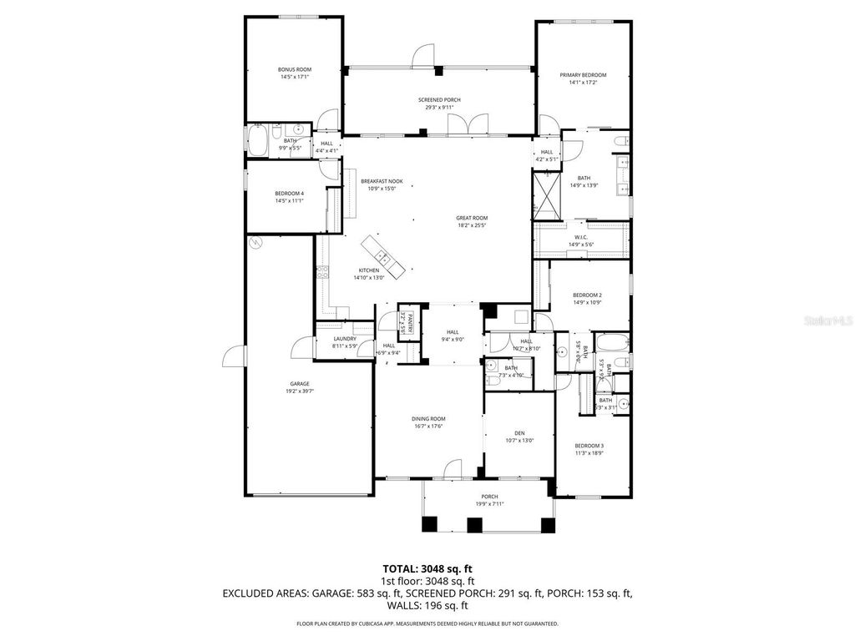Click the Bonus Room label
[294, 69]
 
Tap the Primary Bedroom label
[583, 75]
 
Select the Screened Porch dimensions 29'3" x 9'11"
[439, 108]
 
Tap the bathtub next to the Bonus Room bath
[257, 139]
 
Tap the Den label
[519, 433]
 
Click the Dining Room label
[428, 418]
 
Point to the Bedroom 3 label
[589, 446]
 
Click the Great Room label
[472, 218]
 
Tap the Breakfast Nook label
[382, 181]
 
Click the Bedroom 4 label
[290, 194]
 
